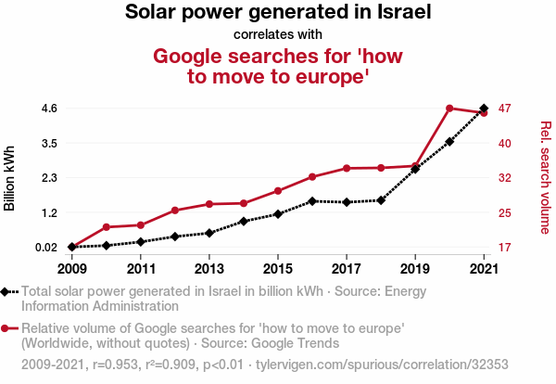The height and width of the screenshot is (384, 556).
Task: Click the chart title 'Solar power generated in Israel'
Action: pos(278,13)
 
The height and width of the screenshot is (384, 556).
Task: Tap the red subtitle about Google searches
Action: pos(278,66)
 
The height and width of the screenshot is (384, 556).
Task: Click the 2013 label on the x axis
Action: pos(209,269)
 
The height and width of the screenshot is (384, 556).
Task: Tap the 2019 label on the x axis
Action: pos(415,269)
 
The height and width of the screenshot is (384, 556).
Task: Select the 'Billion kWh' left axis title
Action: pos(10,177)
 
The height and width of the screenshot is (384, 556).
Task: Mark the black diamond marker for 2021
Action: pos(484,109)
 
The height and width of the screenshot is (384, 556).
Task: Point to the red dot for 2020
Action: pos(449,109)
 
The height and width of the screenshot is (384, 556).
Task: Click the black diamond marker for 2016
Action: pos(312,200)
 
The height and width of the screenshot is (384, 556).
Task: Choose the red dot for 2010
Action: pos(107,227)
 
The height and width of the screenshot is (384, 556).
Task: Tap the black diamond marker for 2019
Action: pos(415,169)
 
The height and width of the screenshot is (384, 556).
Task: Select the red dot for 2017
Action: pos(347,168)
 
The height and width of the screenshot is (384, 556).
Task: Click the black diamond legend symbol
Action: pos(8,291)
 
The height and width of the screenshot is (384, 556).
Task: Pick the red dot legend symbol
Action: pos(8,328)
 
